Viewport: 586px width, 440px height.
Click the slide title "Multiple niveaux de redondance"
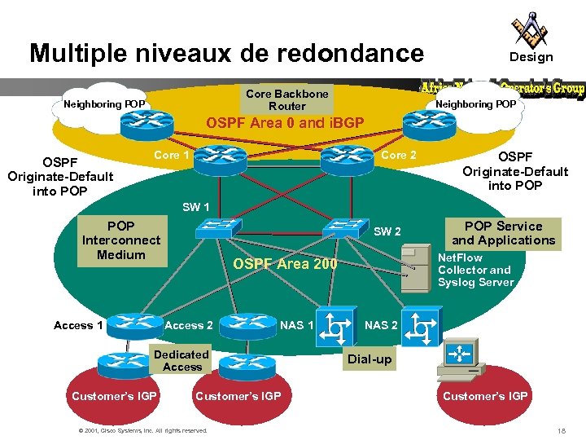click(226, 54)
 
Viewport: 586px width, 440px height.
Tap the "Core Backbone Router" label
click(286, 99)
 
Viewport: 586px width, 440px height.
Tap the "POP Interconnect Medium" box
click(121, 240)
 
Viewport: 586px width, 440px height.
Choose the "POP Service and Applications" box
click(503, 233)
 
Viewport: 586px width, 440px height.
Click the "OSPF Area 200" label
click(285, 263)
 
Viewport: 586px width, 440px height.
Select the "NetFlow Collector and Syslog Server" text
click(475, 270)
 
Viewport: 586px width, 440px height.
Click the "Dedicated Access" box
click(181, 360)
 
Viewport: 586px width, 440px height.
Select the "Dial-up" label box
click(370, 359)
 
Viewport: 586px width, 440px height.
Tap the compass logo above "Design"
click(530, 29)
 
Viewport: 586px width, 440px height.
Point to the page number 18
click(561, 429)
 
